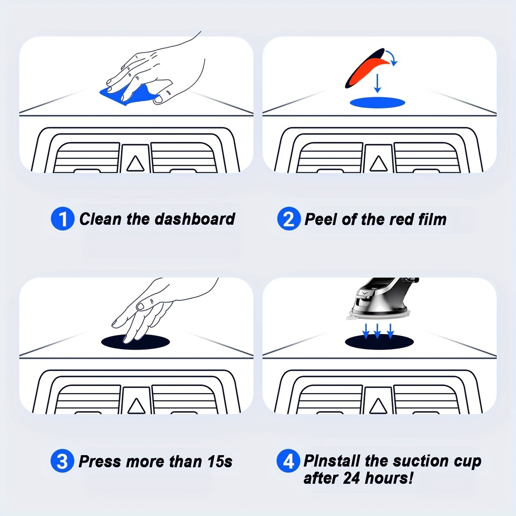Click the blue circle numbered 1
(x=62, y=219)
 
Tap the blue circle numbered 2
(x=289, y=219)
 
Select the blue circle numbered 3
(x=62, y=461)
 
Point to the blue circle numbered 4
(x=288, y=461)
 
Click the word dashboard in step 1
(x=195, y=219)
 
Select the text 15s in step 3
(x=220, y=462)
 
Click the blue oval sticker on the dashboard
(x=377, y=103)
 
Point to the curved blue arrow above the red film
(x=392, y=56)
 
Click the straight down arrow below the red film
(x=377, y=83)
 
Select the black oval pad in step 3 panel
(x=136, y=342)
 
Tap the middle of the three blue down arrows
(x=377, y=331)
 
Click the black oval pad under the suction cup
(x=379, y=342)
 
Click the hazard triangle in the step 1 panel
(x=135, y=164)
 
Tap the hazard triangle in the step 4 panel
(x=378, y=406)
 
